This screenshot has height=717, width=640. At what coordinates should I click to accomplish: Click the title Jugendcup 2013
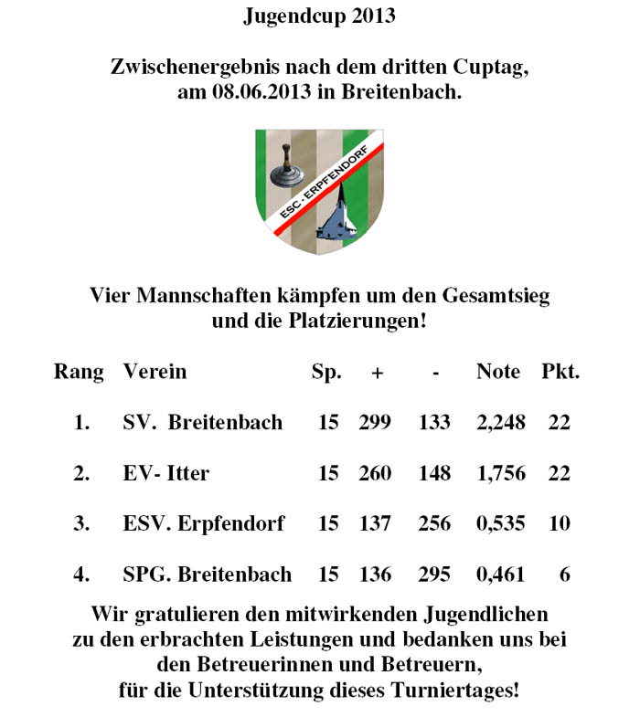pos(320,16)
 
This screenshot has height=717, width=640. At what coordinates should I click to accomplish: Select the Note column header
pos(498,372)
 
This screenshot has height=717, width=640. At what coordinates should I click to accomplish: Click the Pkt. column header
pos(560,372)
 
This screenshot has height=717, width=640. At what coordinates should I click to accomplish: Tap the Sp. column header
pos(326,372)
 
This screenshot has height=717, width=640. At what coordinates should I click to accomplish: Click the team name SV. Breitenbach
pos(202,423)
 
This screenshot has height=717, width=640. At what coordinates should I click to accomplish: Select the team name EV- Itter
pos(165,473)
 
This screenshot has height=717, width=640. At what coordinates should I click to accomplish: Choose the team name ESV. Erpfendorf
pos(203,524)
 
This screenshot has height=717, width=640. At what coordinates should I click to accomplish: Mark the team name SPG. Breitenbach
pos(207,575)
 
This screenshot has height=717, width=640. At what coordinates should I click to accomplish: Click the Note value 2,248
pos(501,423)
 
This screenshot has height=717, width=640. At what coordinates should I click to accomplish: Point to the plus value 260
pos(375,473)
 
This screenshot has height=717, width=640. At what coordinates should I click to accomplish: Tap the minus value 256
pos(434,524)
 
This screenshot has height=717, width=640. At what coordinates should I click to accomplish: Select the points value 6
pos(564,575)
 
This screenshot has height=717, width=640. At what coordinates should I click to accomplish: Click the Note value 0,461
pos(501,575)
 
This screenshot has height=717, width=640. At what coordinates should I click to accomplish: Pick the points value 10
pos(559,524)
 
